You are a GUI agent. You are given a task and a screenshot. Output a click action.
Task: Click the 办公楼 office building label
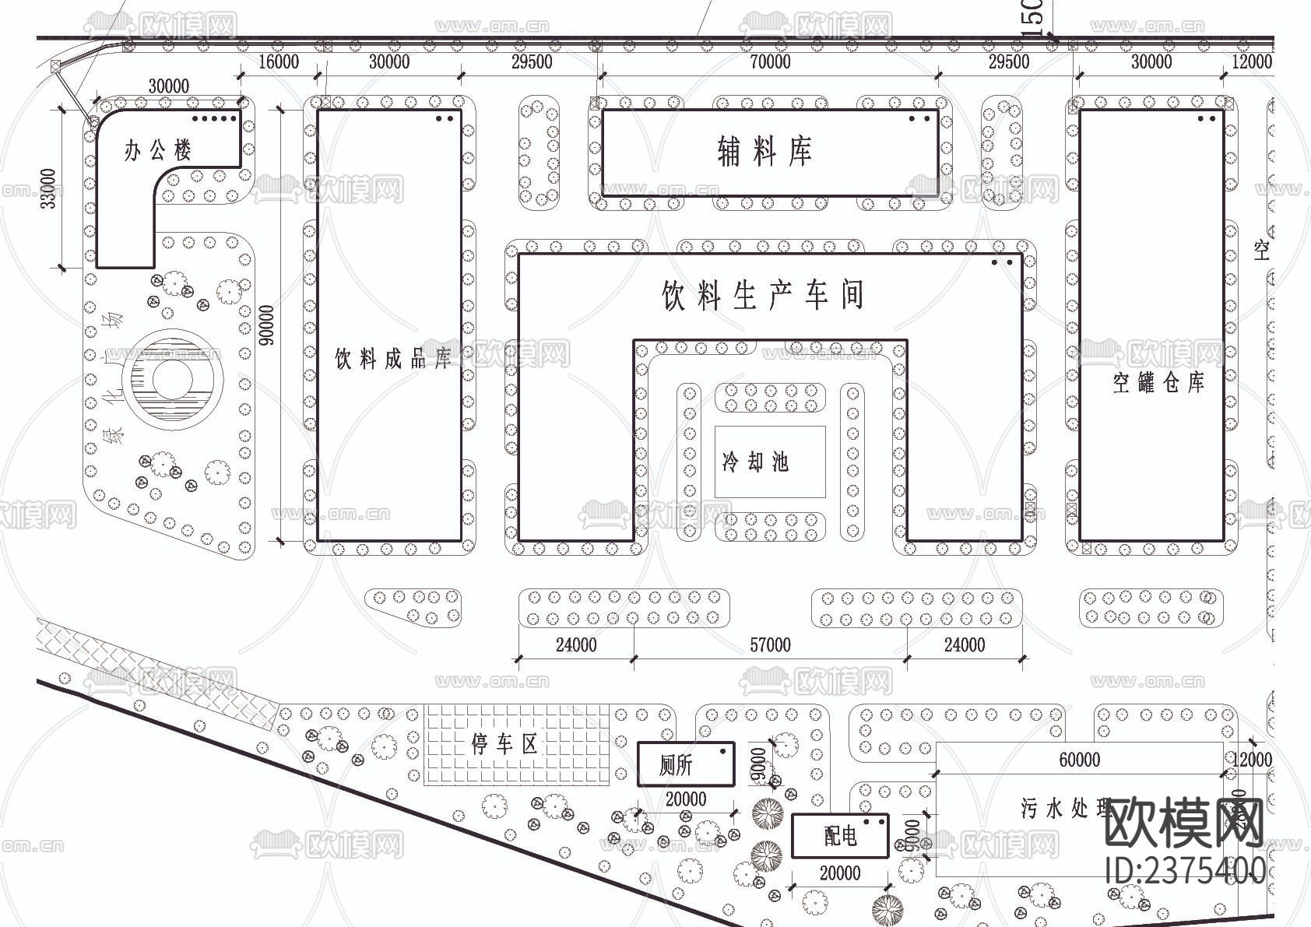(157, 150)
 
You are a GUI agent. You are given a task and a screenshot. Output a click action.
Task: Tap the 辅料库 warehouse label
(764, 151)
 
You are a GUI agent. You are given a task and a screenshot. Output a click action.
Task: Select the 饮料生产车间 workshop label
(763, 296)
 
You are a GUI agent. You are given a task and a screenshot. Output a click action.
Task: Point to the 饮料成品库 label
(393, 359)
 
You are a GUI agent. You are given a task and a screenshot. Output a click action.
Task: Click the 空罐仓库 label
(1158, 383)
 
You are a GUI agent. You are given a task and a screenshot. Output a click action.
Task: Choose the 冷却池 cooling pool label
(755, 462)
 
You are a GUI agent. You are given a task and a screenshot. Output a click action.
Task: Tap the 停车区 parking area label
(504, 745)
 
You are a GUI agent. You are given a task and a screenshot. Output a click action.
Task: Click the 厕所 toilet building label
(675, 766)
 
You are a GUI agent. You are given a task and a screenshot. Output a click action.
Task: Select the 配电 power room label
(840, 837)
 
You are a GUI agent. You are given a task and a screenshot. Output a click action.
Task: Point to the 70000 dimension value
(770, 62)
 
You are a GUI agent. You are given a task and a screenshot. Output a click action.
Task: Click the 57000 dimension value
(770, 645)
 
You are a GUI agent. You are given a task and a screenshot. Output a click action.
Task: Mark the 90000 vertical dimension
(266, 325)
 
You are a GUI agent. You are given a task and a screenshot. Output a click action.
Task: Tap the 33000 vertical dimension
(48, 188)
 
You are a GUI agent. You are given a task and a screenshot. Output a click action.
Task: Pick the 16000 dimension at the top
(278, 62)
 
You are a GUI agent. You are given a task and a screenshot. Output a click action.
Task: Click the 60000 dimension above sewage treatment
(1080, 760)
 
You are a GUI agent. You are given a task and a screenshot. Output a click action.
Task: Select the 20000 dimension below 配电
(840, 873)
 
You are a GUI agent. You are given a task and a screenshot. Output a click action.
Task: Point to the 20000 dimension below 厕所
(686, 799)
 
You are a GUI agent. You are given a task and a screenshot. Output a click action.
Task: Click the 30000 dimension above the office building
(168, 86)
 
